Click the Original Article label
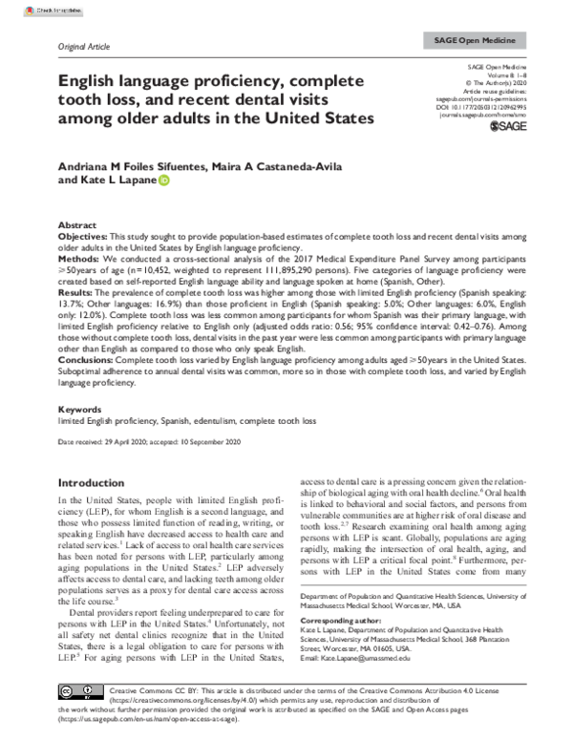86,47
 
